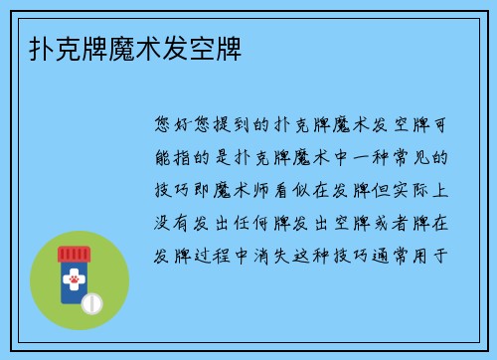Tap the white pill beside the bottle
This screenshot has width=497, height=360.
[x=91, y=300]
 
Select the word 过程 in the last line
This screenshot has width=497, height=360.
[x=229, y=254]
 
